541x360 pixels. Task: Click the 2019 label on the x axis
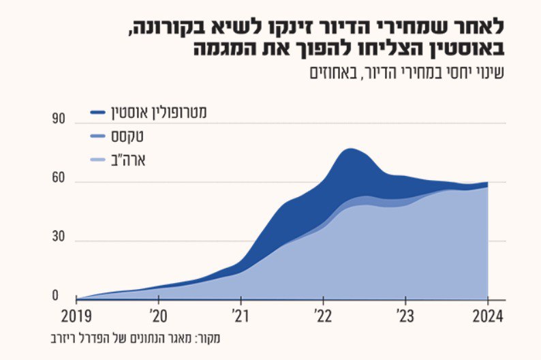76,316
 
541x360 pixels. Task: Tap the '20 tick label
158,316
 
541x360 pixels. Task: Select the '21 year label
240,316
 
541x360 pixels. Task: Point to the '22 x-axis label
322,316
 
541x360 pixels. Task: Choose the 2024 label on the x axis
488,316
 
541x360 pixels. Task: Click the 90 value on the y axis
59,119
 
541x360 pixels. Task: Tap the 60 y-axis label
59,178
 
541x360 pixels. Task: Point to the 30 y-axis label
59,237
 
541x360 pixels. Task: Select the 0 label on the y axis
55,296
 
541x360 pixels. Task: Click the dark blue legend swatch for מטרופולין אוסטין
97,112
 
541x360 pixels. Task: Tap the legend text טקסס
127,136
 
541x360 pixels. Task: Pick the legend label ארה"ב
128,160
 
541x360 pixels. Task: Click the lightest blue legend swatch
97,160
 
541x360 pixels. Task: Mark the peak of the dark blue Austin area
350,149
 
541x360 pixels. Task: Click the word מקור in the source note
208,338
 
